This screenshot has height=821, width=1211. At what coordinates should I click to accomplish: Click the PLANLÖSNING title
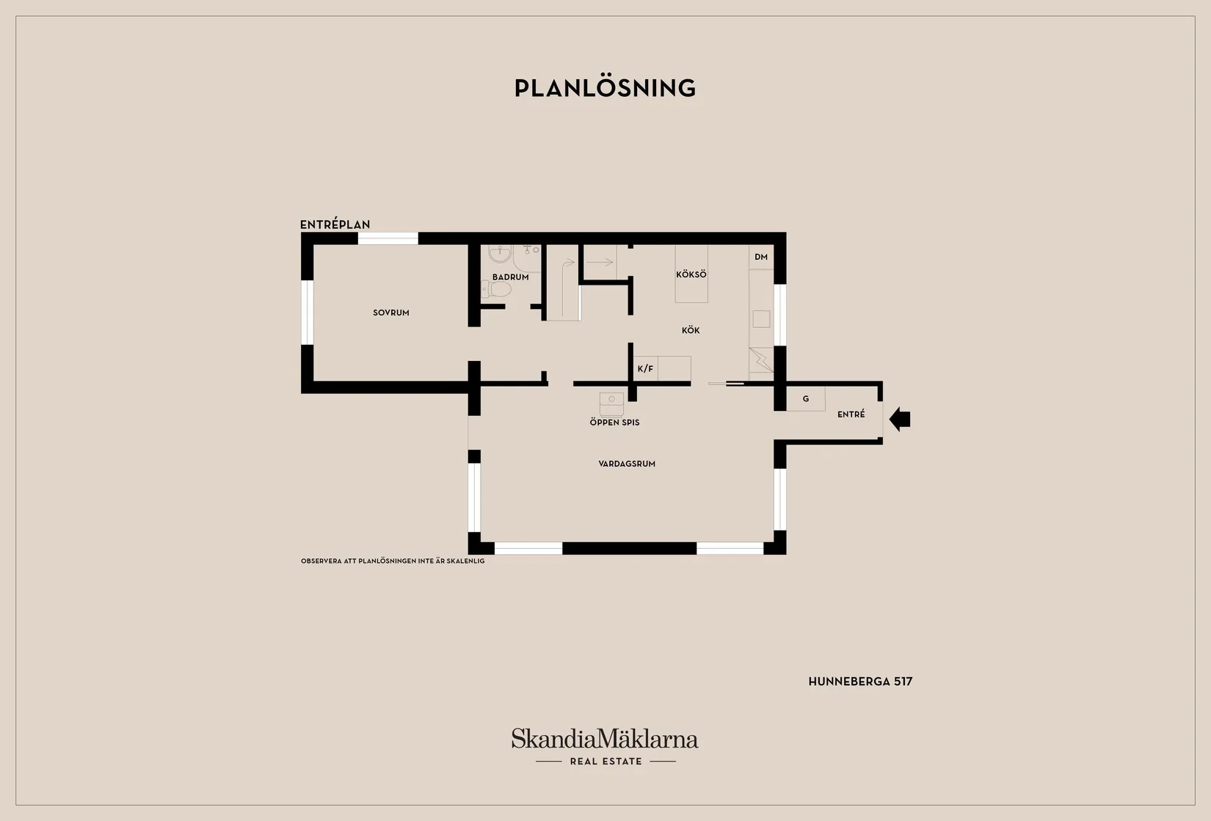pos(605,87)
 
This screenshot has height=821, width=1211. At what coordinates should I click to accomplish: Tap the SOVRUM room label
pos(391,313)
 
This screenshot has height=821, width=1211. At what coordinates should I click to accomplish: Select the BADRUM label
pos(510,277)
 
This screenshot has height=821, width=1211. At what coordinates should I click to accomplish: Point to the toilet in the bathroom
pos(495,289)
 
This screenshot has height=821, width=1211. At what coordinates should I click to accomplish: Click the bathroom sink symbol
pos(500,253)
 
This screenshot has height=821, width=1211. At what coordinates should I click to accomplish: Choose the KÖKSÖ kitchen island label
pos(691,274)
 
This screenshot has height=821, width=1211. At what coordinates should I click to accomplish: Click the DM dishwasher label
pos(761,257)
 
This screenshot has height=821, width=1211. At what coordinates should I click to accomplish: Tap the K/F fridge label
pos(645,368)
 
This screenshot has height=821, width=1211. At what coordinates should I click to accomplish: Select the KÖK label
pos(691,329)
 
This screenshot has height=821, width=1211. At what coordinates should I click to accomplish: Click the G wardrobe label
pos(806,399)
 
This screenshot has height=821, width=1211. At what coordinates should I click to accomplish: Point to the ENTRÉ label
pos(851,414)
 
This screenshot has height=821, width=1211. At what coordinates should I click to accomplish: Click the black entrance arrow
pos(900,419)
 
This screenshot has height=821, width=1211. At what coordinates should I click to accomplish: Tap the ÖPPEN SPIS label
pos(615,422)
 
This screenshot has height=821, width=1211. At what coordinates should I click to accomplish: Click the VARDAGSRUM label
pos(627,464)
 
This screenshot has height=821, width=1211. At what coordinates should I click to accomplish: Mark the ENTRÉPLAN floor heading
pos(335,224)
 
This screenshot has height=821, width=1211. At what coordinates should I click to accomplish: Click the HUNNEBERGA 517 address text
pos(860,682)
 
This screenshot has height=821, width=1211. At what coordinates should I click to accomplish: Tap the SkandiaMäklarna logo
pos(605,738)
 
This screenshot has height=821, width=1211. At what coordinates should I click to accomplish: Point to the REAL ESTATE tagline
pos(606,761)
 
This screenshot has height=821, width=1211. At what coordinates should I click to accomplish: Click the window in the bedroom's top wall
pos(388,238)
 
